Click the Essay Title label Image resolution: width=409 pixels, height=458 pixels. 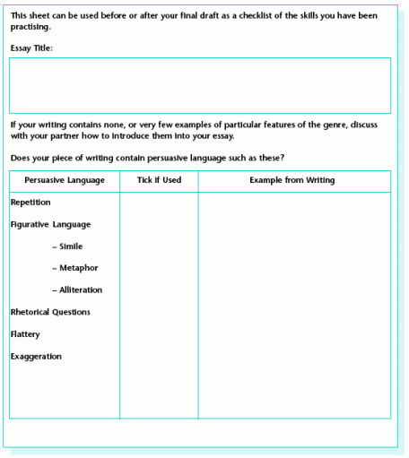tap(32, 48)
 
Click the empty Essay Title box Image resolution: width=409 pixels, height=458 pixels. tap(200, 85)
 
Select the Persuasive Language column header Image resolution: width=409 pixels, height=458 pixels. tap(65, 180)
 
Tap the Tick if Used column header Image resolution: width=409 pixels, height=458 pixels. tap(159, 180)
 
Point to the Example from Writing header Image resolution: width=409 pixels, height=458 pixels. tap(292, 180)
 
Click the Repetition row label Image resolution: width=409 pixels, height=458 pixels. tap(30, 203)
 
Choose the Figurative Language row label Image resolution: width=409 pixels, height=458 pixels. tap(50, 224)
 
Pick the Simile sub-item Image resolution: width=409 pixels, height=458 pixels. tap(68, 246)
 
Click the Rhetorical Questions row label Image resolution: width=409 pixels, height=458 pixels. tap(50, 312)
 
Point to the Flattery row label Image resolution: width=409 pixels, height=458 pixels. tap(25, 334)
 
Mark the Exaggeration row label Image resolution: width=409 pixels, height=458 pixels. tap(36, 356)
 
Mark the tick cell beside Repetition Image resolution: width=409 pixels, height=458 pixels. tap(159, 203)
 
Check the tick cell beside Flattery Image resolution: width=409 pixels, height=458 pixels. tap(159, 334)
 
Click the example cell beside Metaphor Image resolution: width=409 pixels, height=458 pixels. tap(293, 268)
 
